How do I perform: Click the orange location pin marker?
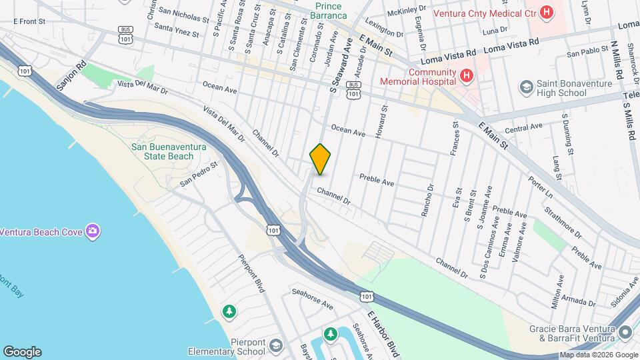point(320,159)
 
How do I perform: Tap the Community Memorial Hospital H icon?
point(467,77)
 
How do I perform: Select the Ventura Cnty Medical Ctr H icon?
point(547,12)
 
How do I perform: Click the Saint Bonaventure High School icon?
point(526,87)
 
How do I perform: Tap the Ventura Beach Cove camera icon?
point(93,231)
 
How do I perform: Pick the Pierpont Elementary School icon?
point(276,347)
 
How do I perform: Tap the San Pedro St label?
point(200,173)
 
